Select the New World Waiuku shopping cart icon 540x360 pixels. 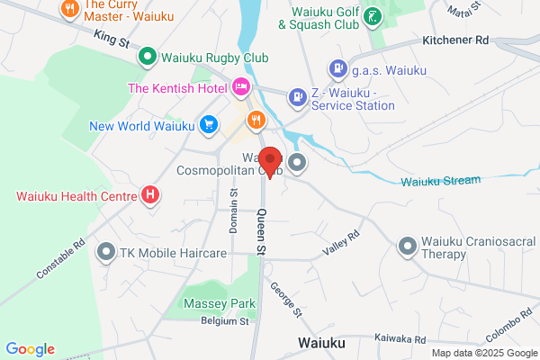tap(209, 124)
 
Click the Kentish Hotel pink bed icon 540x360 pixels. tap(240, 87)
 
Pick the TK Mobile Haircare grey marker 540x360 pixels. tap(107, 253)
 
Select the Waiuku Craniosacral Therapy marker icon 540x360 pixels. tap(408, 245)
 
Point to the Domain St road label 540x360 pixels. tap(233, 211)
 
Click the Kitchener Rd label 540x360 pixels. tap(455, 41)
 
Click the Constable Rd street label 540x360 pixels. tap(60, 257)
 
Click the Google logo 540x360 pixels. tap(31, 349)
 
